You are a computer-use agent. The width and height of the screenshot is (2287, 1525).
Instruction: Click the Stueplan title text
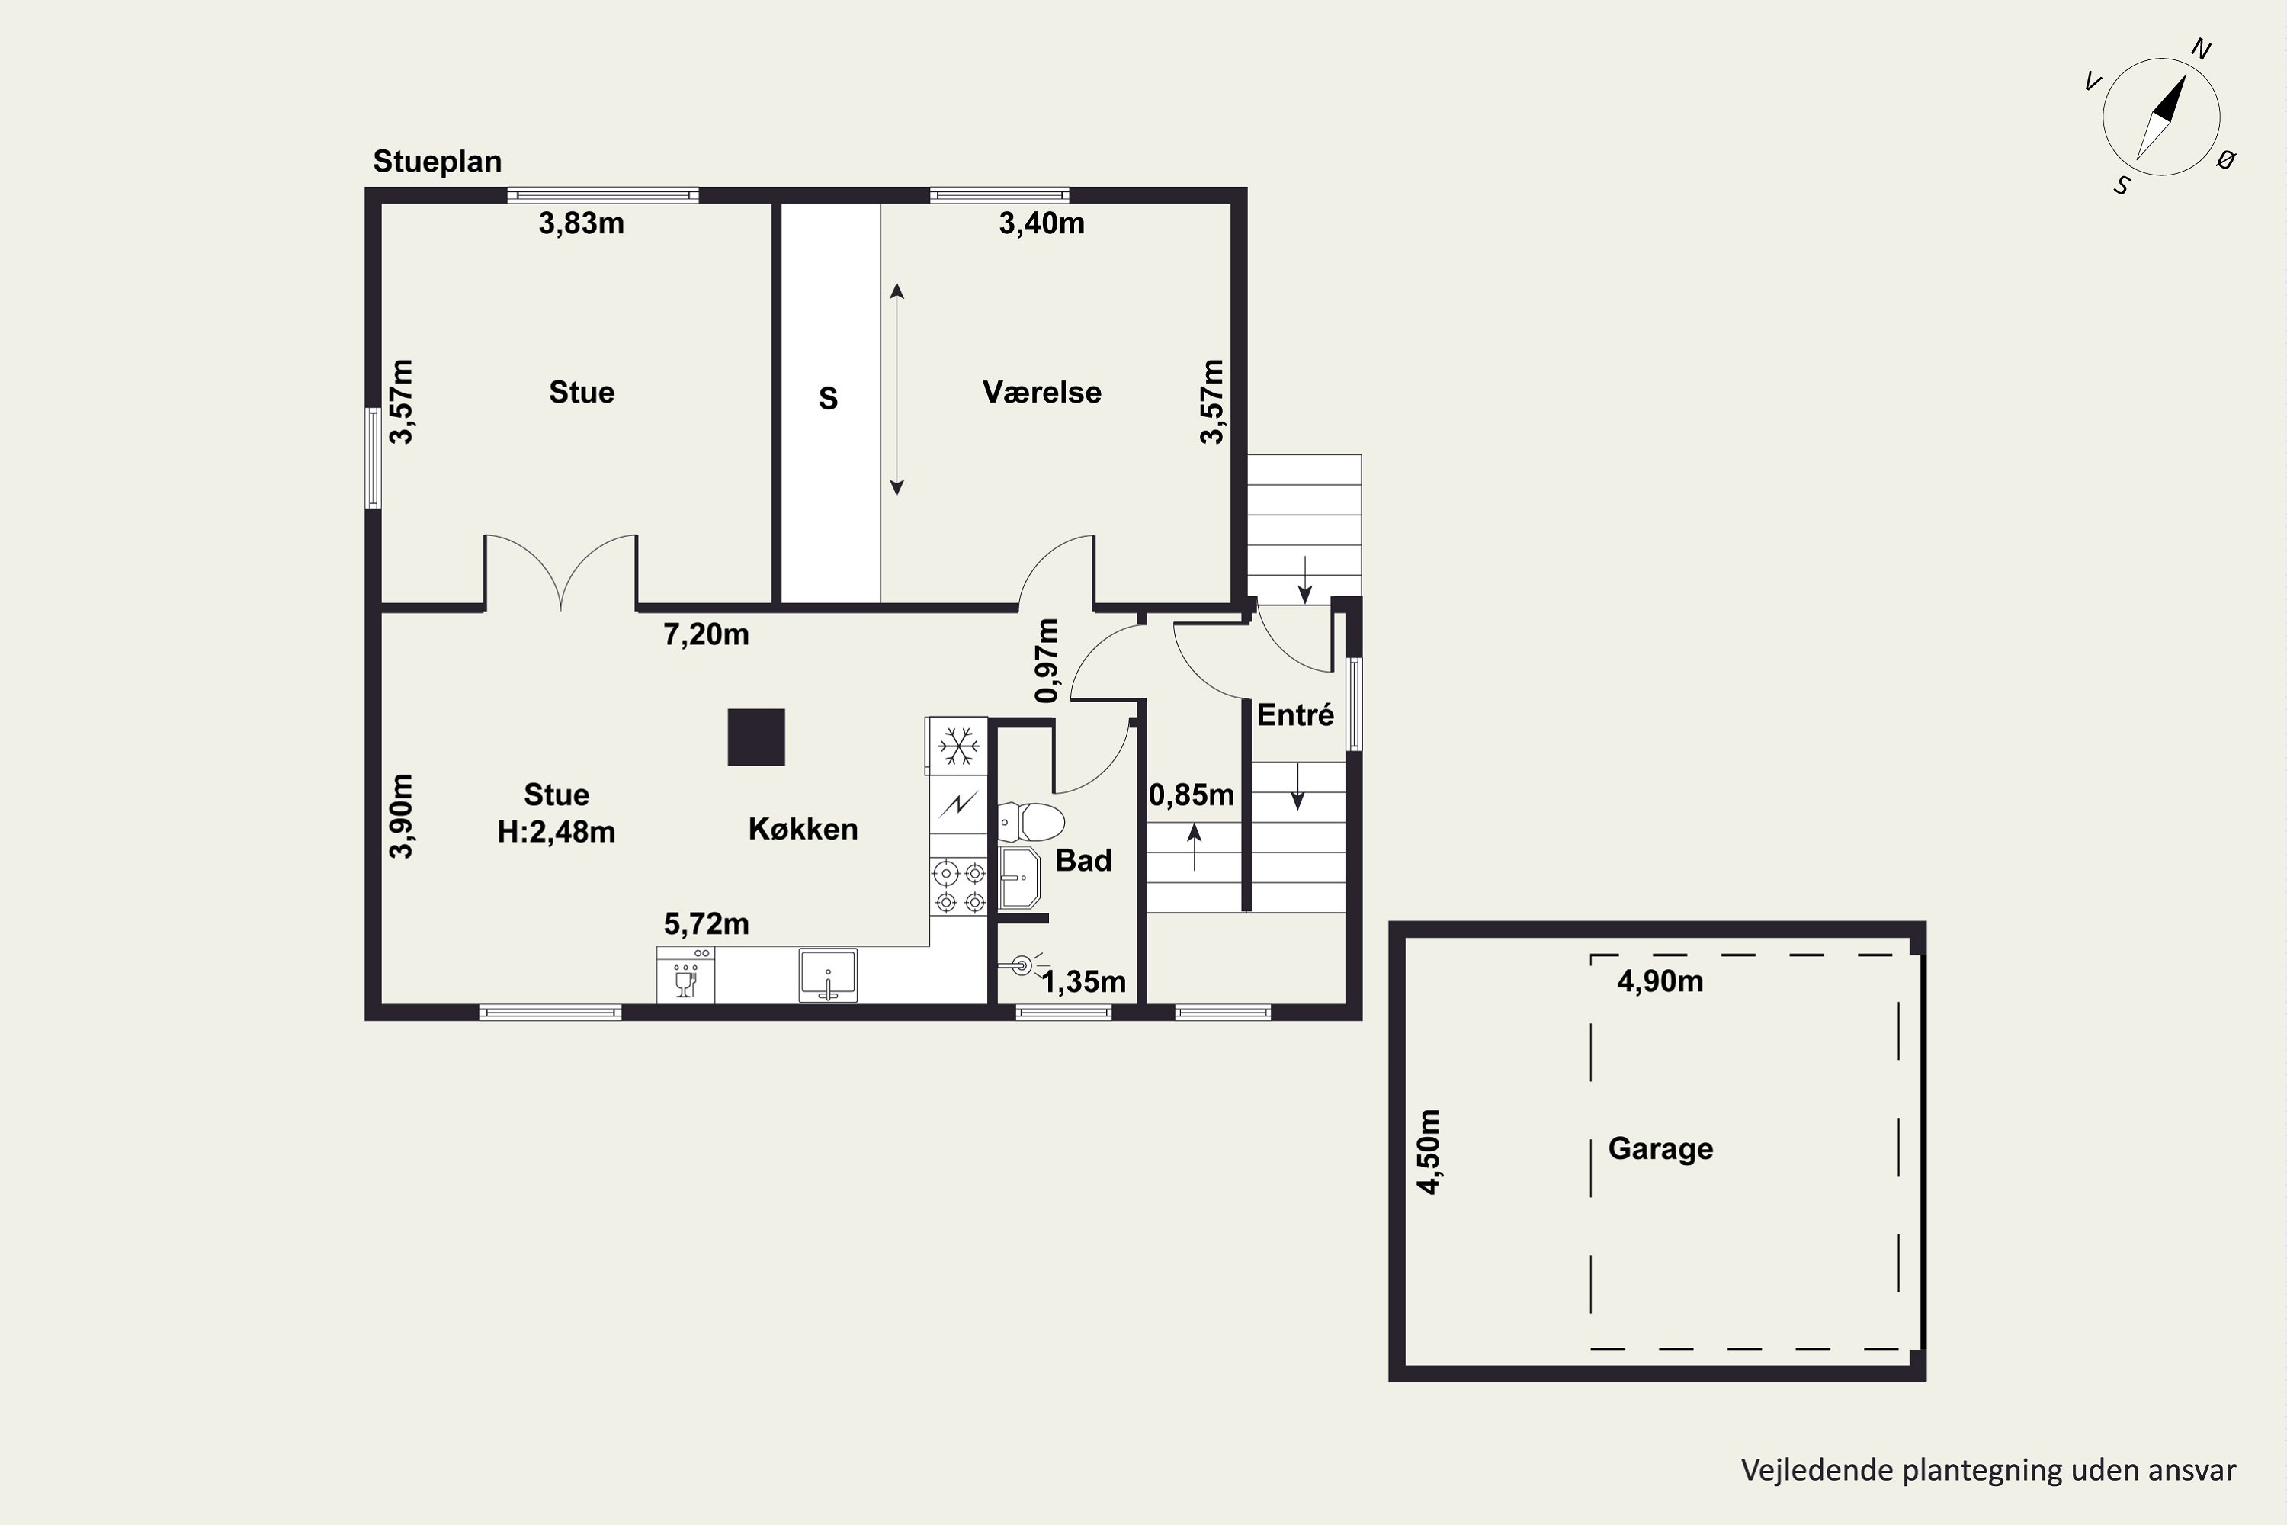click(438, 162)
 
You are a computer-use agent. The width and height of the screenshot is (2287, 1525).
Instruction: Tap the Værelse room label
click(1041, 392)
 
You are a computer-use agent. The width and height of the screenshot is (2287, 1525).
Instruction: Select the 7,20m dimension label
click(706, 635)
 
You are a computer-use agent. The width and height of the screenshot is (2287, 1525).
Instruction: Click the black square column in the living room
click(756, 737)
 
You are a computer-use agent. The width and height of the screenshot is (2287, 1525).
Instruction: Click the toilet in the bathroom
click(1031, 822)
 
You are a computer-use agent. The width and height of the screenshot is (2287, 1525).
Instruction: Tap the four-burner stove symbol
click(960, 887)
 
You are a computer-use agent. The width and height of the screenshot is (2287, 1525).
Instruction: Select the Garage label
click(1661, 1148)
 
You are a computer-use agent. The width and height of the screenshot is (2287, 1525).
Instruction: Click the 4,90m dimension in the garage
click(1660, 981)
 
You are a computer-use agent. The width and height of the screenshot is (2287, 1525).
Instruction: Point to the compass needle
click(2160, 117)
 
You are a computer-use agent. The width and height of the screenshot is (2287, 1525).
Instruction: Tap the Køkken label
click(803, 829)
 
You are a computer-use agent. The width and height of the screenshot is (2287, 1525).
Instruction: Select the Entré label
click(1295, 715)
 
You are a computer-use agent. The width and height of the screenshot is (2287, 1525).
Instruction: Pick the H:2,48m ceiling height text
click(557, 833)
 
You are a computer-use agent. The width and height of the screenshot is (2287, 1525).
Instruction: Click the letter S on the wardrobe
click(829, 398)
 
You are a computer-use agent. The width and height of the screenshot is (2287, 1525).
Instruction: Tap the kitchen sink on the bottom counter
click(827, 975)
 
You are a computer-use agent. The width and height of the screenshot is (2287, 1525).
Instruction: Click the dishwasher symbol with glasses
click(685, 975)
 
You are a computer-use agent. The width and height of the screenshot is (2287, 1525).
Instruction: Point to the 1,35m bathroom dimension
click(1083, 982)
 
